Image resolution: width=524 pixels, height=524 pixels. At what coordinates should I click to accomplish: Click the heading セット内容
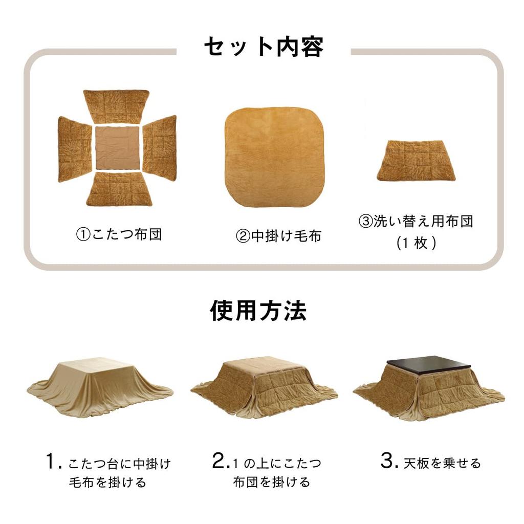tap(264, 47)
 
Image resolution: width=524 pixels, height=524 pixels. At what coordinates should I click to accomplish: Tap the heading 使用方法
tap(258, 311)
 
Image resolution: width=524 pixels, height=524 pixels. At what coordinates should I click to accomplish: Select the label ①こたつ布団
tap(119, 235)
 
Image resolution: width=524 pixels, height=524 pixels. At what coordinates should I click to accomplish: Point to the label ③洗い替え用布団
tap(416, 222)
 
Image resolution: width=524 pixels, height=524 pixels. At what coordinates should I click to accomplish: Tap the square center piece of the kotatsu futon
tap(118, 148)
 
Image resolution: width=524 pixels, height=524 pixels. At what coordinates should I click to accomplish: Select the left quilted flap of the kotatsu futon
tap(74, 148)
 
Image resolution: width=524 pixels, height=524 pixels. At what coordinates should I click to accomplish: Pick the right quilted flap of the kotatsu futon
tap(160, 148)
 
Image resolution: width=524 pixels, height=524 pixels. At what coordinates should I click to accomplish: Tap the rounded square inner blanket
tap(275, 157)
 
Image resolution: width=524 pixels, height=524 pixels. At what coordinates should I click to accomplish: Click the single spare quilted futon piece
tap(416, 160)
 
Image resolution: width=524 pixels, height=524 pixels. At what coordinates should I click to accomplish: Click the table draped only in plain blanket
tap(100, 387)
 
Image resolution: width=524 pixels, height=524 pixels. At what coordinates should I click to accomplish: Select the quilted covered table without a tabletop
tap(264, 386)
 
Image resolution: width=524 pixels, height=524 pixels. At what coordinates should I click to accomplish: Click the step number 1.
tap(53, 463)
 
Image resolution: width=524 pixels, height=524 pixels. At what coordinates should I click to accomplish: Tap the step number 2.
tap(221, 463)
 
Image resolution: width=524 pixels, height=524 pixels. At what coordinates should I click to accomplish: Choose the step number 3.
tap(388, 463)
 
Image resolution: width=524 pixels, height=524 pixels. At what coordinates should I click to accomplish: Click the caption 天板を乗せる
tap(442, 464)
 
